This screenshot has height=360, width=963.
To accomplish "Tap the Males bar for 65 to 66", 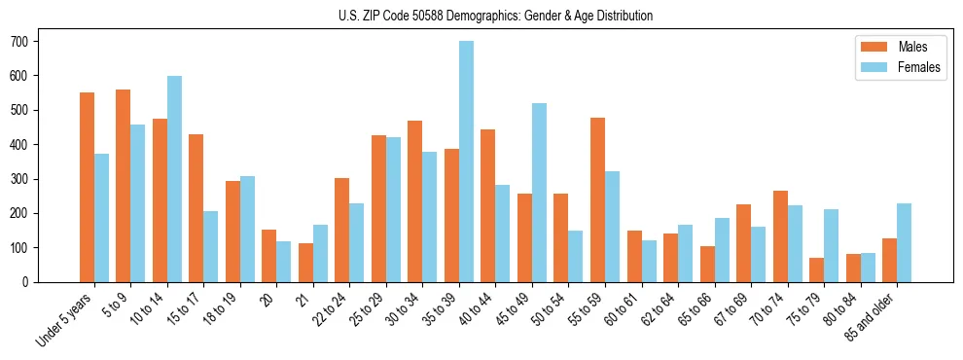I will tap(707, 264).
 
